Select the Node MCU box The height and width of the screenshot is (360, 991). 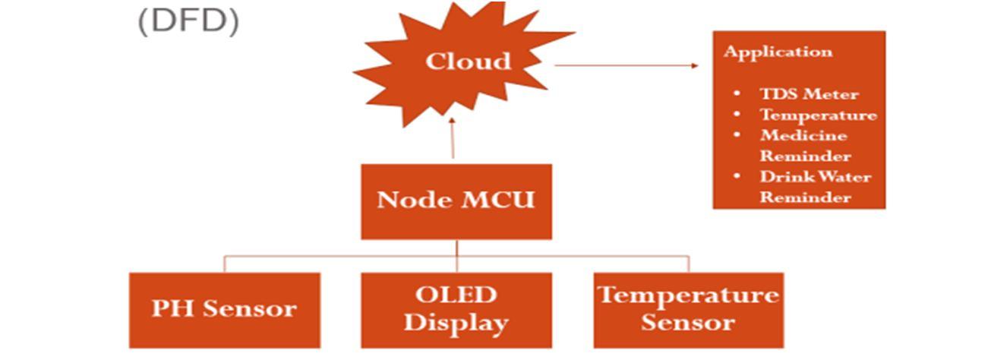tap(456, 201)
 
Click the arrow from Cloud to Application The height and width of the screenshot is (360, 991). tap(626, 66)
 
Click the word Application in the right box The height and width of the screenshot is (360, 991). tap(778, 52)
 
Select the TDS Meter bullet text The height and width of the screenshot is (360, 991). tap(809, 95)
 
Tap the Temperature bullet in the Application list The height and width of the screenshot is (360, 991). tap(818, 115)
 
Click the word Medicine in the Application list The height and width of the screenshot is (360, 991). tap(803, 136)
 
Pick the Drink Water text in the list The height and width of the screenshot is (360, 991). tap(815, 177)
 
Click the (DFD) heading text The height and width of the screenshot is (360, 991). tap(188, 21)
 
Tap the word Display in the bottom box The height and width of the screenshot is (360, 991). tap(456, 324)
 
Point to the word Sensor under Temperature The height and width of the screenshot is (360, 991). tap(688, 324)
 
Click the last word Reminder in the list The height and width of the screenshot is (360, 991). tap(805, 197)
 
